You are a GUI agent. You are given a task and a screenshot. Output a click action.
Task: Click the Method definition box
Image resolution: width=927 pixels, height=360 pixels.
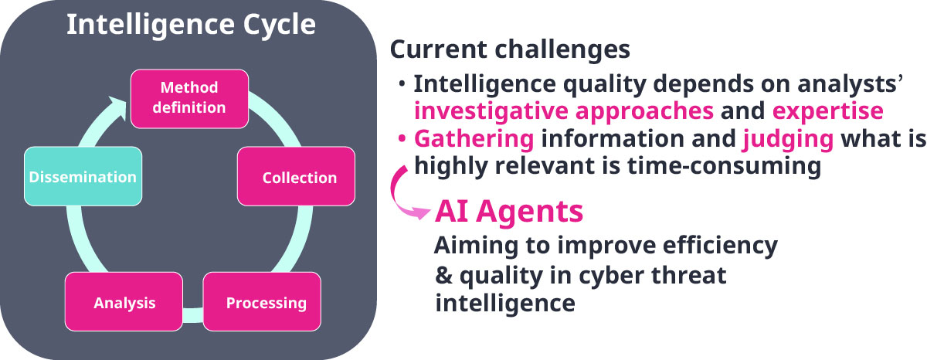(189, 98)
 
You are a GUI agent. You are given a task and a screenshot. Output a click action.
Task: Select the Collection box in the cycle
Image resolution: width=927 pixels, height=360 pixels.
(296, 176)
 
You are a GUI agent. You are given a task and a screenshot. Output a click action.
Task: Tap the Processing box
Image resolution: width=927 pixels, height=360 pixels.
(262, 301)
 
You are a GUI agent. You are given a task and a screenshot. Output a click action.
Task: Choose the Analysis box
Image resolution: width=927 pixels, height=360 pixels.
(124, 301)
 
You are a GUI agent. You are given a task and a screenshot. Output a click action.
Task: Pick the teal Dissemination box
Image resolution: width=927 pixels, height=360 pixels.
(83, 176)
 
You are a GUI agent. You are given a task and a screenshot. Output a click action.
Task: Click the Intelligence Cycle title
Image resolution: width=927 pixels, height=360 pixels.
(192, 25)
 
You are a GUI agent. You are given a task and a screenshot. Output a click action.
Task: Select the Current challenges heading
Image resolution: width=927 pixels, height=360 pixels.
(510, 49)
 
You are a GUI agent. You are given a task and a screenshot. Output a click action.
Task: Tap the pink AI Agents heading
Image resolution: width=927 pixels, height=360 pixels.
(509, 212)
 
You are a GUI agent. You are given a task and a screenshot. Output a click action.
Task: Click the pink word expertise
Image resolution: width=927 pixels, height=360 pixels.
(827, 111)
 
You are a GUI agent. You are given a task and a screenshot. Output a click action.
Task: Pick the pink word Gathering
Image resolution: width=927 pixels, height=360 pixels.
(474, 138)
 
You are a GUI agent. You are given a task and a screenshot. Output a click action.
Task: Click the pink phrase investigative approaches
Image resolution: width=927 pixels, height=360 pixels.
(564, 112)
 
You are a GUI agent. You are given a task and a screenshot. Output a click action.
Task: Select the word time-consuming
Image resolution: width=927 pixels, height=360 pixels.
(725, 166)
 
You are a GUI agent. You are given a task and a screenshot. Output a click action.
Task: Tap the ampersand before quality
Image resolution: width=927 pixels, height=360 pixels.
(443, 276)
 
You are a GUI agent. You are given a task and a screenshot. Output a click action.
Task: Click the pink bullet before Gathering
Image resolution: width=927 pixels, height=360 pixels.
(402, 138)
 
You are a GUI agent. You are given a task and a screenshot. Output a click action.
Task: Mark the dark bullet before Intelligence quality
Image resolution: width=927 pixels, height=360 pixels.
(402, 83)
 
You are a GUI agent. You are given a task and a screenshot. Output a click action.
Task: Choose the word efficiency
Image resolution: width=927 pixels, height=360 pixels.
(720, 246)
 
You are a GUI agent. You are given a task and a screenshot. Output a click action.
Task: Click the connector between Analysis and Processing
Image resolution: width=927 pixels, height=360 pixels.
(193, 314)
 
